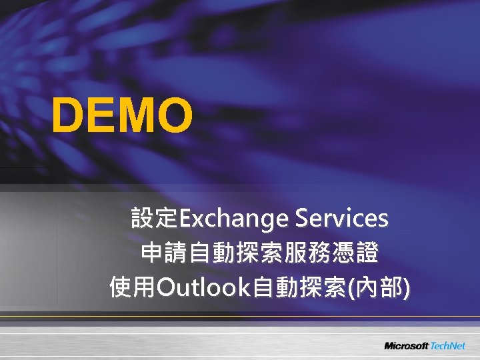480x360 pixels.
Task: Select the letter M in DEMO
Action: coord(134,115)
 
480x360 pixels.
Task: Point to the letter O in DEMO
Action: coord(173,115)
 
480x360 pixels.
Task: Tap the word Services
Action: coord(341,218)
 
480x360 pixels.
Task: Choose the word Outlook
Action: coord(202,288)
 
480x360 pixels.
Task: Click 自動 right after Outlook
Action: coord(271,288)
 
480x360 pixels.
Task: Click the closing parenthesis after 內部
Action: coord(406,289)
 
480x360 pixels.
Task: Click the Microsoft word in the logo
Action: coord(406,346)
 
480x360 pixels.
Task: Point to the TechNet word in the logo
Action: coord(450,346)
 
